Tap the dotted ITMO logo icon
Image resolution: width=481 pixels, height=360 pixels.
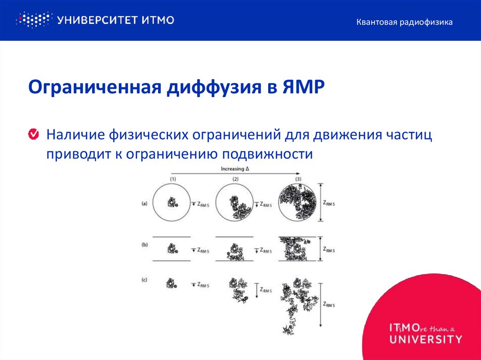[33, 20]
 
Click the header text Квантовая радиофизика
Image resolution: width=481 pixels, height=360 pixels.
[404, 22]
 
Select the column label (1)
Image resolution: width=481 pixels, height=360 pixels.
[173, 179]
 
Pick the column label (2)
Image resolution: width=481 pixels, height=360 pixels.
[235, 179]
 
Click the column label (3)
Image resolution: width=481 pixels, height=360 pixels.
[297, 179]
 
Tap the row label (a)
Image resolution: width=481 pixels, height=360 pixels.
[145, 204]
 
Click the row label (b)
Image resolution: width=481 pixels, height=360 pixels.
[145, 245]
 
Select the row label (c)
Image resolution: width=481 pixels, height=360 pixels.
[145, 280]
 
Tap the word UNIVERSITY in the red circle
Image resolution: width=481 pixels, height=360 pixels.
[426, 339]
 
